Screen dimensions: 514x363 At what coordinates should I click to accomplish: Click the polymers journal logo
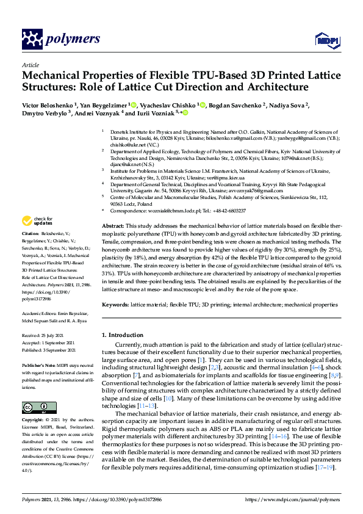tap(61, 40)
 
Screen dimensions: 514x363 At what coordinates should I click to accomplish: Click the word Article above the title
tap(30, 65)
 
